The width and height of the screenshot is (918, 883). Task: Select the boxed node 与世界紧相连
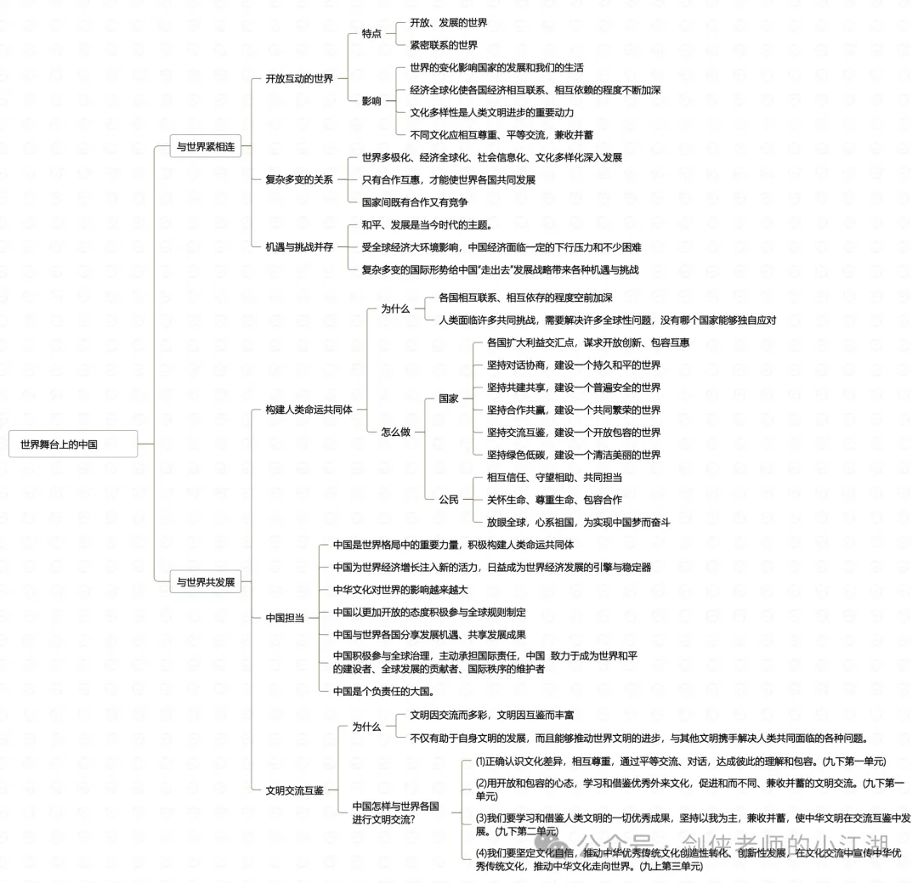pos(206,146)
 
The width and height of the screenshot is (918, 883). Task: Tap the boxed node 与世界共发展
pos(206,581)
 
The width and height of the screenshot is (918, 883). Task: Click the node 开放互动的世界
pos(299,78)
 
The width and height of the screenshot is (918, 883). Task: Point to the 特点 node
pos(371,33)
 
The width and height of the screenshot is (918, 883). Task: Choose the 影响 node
pos(371,101)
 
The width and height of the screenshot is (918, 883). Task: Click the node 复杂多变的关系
pos(299,179)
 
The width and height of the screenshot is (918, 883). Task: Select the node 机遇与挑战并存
pos(299,246)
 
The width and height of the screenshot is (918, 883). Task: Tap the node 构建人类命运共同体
pos(309,410)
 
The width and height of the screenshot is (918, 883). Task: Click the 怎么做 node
pos(396,432)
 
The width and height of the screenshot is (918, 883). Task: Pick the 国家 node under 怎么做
pos(449,399)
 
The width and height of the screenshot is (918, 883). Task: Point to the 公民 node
pos(449,500)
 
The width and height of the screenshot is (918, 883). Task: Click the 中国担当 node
pos(285,617)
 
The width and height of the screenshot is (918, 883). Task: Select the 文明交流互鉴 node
pos(294,790)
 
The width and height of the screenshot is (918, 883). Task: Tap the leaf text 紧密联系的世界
pos(444,45)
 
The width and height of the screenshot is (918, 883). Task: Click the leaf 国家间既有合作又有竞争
pos(415,202)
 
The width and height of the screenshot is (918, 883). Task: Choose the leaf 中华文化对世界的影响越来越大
pos(400,590)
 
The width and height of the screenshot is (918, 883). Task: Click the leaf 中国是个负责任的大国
pos(383,691)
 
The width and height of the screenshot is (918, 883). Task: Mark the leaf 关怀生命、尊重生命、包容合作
pos(554,500)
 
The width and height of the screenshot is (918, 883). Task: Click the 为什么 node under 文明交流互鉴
pos(366,726)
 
